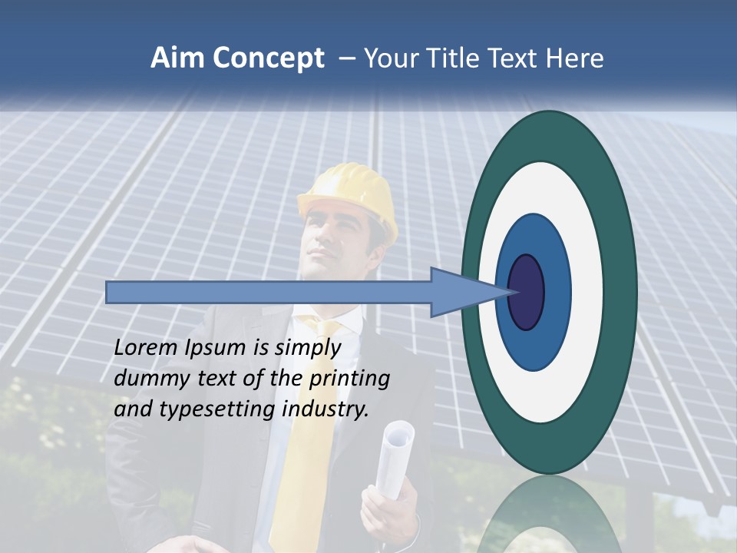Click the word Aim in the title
177,58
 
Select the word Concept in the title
268,59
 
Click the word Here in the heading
574,58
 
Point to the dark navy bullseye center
526,293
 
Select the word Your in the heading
390,58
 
